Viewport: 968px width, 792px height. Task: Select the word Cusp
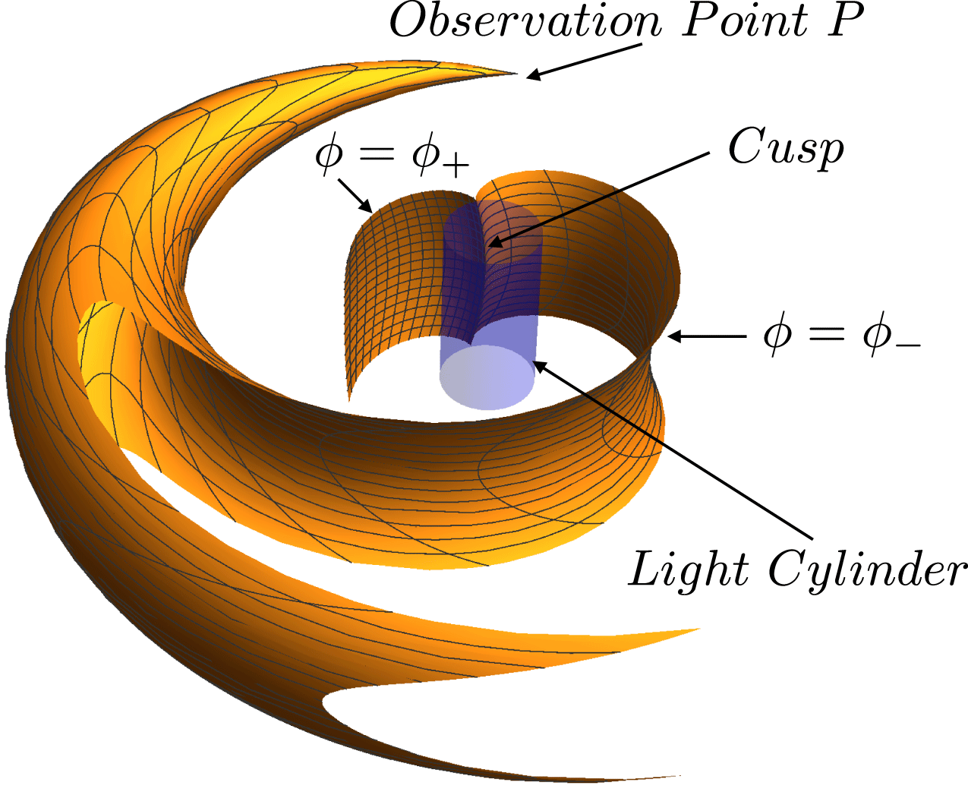click(785, 147)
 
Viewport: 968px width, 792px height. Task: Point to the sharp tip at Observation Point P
click(517, 74)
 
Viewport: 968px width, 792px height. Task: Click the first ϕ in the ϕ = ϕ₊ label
click(329, 154)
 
